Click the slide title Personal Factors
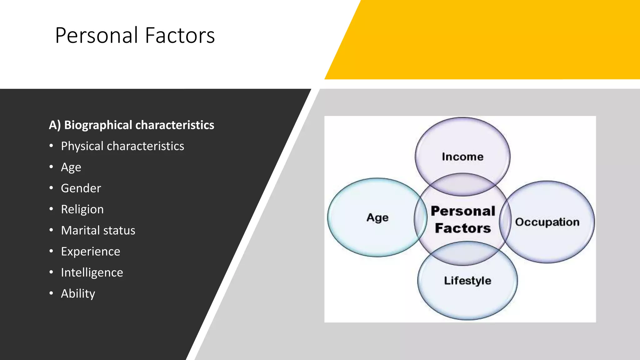pyautogui.click(x=135, y=35)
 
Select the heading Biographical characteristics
pyautogui.click(x=132, y=125)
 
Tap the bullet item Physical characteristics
pyautogui.click(x=122, y=146)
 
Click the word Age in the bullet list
pyautogui.click(x=71, y=167)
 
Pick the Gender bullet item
pyautogui.click(x=81, y=188)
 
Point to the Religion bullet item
pyautogui.click(x=82, y=209)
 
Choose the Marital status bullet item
pyautogui.click(x=98, y=231)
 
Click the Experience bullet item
pyautogui.click(x=90, y=252)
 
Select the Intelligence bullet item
pyautogui.click(x=92, y=272)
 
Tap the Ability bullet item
pyautogui.click(x=78, y=294)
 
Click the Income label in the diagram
pyautogui.click(x=462, y=157)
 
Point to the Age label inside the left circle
pyautogui.click(x=377, y=217)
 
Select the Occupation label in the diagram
pyautogui.click(x=547, y=222)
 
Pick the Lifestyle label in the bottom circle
pyautogui.click(x=467, y=280)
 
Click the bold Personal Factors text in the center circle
pyautogui.click(x=463, y=220)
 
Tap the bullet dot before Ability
pyautogui.click(x=51, y=293)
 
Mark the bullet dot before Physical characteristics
pyautogui.click(x=51, y=146)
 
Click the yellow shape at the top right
pyautogui.click(x=500, y=39)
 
